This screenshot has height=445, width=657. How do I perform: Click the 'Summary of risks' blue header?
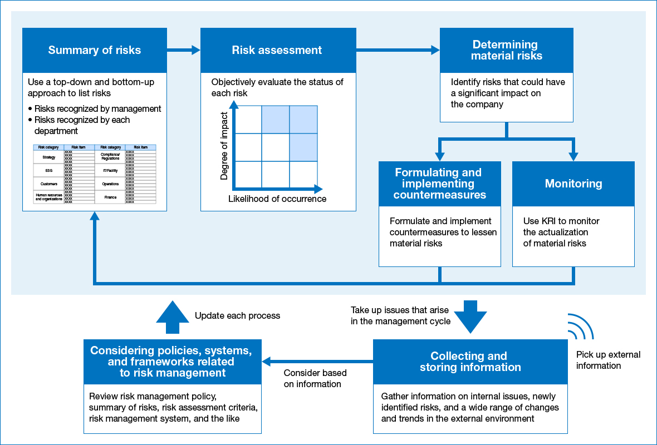(95, 50)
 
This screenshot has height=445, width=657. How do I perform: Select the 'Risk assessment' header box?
(277, 50)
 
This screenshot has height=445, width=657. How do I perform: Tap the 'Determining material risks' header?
(506, 50)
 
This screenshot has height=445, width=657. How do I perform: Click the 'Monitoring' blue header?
(573, 184)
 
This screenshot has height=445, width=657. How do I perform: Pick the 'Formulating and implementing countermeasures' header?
(439, 184)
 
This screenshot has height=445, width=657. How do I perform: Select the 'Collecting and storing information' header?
(470, 362)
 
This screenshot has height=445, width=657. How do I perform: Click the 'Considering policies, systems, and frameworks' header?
(172, 362)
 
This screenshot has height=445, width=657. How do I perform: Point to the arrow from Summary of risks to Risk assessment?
(184, 51)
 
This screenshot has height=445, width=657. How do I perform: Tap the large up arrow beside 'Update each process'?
(173, 313)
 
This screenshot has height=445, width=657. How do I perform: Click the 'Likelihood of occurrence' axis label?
(277, 199)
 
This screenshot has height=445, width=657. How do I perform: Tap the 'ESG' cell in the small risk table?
(48, 171)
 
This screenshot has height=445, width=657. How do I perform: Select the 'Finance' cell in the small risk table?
(110, 197)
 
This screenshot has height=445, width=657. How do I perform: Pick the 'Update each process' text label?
(237, 315)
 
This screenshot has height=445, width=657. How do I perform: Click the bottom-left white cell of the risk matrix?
(248, 175)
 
